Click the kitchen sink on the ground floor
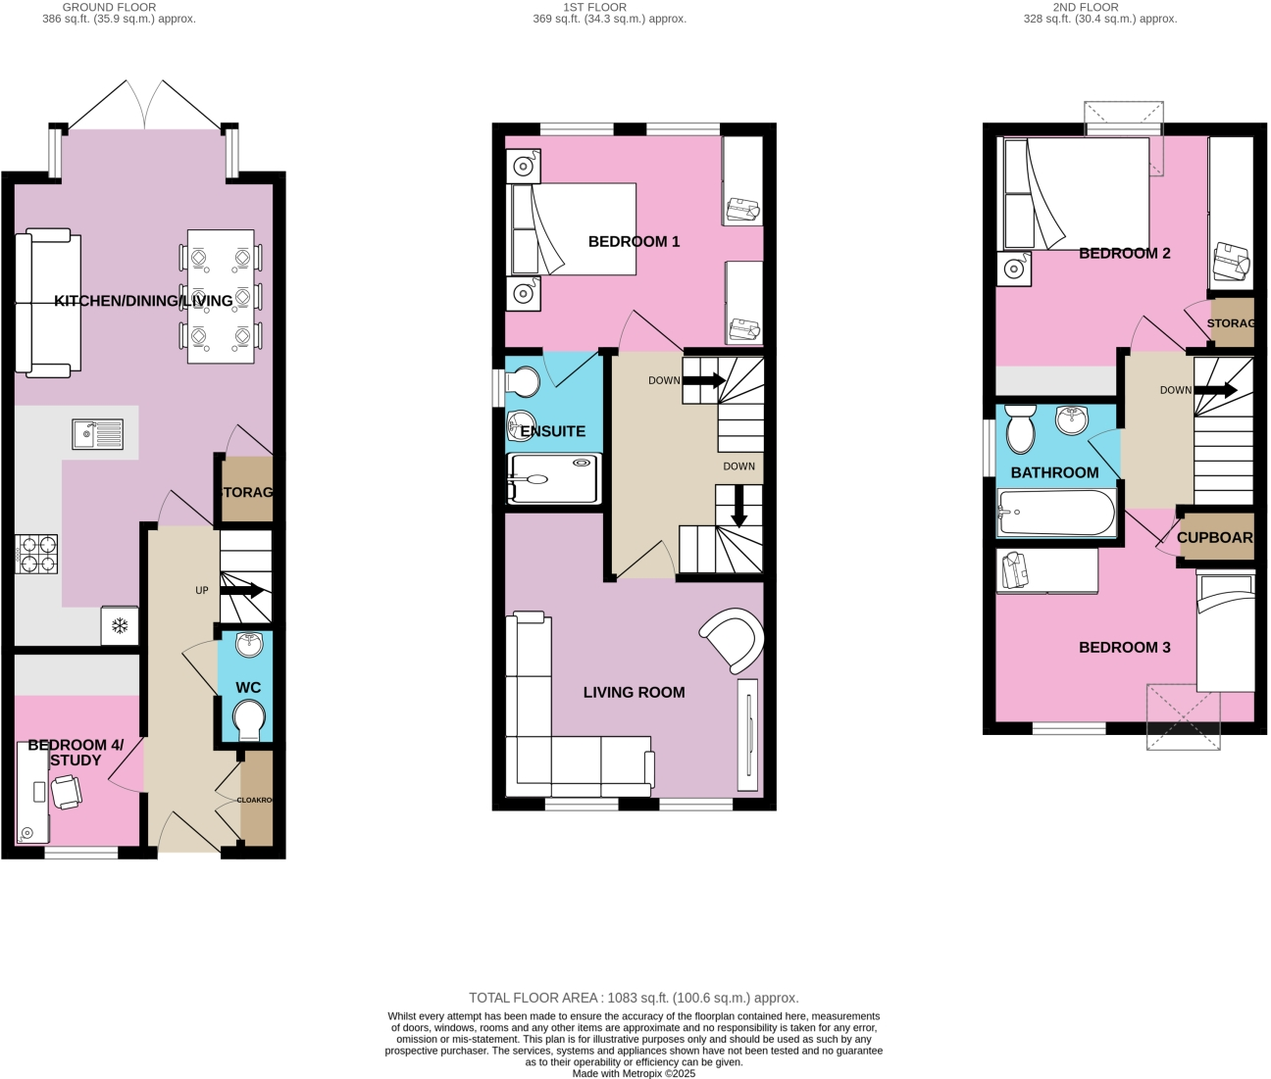[97, 434]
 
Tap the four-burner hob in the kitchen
[36, 554]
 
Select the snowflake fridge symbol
[120, 625]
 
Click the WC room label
[248, 688]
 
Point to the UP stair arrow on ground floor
[242, 590]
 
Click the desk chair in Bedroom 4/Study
[67, 791]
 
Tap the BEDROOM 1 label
[634, 241]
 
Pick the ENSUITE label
[553, 431]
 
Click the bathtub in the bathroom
[1056, 513]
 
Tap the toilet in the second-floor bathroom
[1021, 428]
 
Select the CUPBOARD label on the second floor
[1215, 538]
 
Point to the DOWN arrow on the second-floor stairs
[1215, 390]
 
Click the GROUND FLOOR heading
[110, 7]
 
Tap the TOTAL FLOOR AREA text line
[634, 998]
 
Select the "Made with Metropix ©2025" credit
[634, 1073]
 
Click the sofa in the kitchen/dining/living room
[48, 303]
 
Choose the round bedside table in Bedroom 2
[1014, 268]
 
